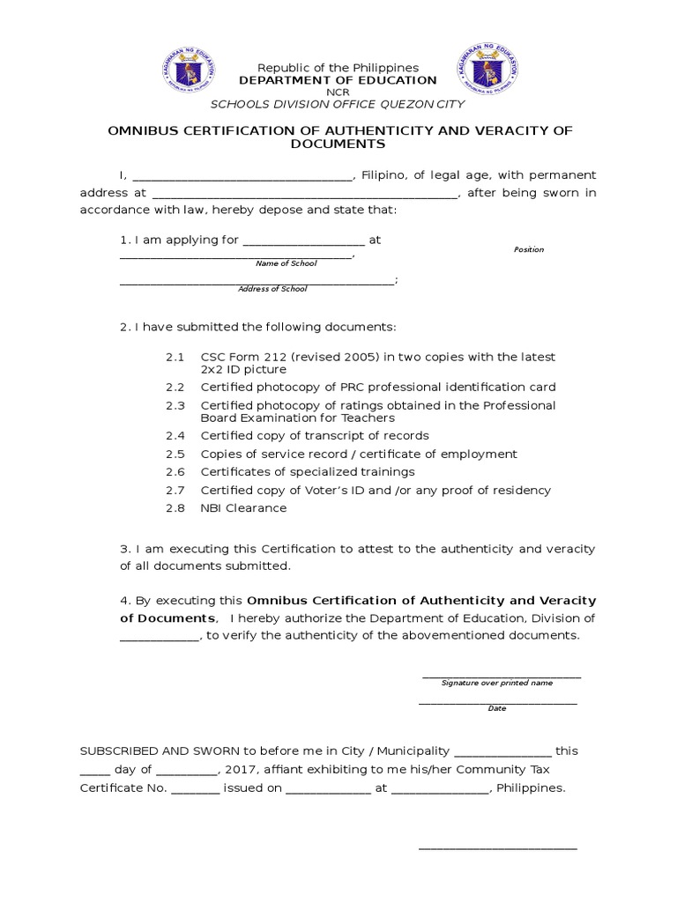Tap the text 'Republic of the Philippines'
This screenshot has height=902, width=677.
click(338, 68)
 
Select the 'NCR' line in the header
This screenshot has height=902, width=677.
click(338, 92)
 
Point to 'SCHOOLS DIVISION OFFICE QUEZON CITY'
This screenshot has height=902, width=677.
click(338, 103)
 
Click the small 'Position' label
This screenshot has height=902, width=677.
click(529, 249)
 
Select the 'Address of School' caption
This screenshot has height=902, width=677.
click(272, 289)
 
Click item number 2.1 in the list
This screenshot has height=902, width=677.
click(175, 358)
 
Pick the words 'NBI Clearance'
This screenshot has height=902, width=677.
click(243, 508)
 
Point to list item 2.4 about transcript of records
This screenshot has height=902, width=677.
click(315, 436)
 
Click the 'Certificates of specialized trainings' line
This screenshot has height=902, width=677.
click(308, 472)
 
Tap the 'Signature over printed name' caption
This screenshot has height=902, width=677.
click(497, 683)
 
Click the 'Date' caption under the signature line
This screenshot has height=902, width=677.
click(497, 708)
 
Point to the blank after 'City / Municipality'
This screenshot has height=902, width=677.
click(502, 752)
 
